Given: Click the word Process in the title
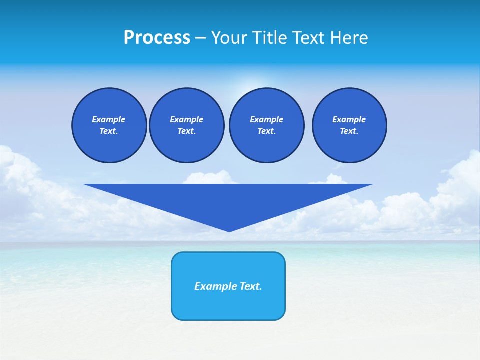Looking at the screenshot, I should tap(157, 38).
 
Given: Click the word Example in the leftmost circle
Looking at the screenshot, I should tap(109, 119).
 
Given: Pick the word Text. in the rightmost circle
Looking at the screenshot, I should tap(349, 131).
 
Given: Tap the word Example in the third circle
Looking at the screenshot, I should tap(266, 119).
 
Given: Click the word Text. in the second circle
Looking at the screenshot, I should tap(186, 131).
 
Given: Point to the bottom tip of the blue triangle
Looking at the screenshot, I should tap(229, 231).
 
